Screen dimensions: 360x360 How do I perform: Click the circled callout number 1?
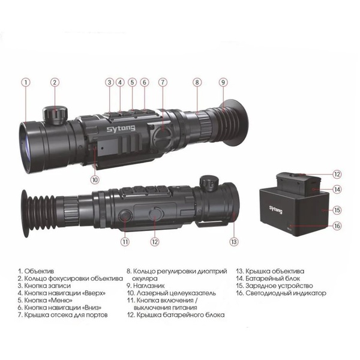point(26,82)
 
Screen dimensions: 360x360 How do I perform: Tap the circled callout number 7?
point(163,82)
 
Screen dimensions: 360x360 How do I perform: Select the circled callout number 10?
point(95,180)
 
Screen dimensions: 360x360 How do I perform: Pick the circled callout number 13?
point(234,242)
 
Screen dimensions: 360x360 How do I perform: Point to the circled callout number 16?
point(337,226)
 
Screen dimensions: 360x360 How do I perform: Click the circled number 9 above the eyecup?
point(223,82)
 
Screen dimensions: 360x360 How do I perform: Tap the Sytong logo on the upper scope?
point(121,128)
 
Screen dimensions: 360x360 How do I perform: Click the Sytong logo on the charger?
point(275,209)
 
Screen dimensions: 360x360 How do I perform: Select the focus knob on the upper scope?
point(55,115)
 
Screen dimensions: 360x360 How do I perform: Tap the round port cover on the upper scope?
point(163,136)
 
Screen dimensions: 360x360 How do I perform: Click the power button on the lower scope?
point(125,216)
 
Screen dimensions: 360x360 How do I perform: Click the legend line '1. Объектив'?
point(36,271)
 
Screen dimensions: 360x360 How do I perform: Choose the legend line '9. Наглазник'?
point(146,286)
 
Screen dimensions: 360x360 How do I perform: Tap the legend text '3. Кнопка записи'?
point(44,286)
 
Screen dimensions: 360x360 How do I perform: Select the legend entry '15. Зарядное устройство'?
point(274,286)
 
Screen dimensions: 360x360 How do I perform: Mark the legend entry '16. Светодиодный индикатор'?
point(281,293)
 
